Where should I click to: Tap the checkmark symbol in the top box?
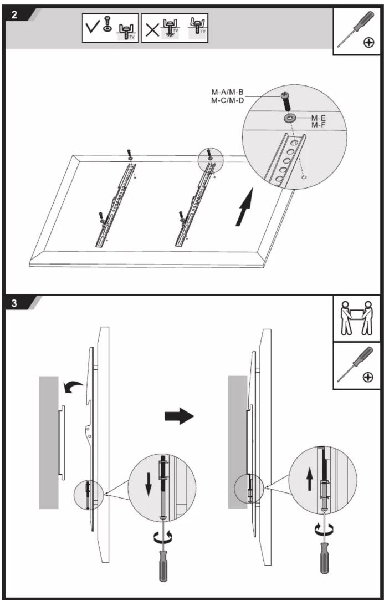(x=92, y=28)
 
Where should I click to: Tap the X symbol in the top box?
(x=152, y=29)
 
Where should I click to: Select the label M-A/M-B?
(x=228, y=92)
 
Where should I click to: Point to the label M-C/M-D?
(x=228, y=100)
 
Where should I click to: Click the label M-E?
(x=318, y=118)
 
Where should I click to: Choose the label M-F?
(x=318, y=125)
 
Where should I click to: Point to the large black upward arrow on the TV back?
(x=244, y=207)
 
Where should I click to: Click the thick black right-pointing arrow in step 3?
(x=180, y=415)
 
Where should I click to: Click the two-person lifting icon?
(x=357, y=318)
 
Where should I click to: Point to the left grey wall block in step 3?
(x=49, y=443)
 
